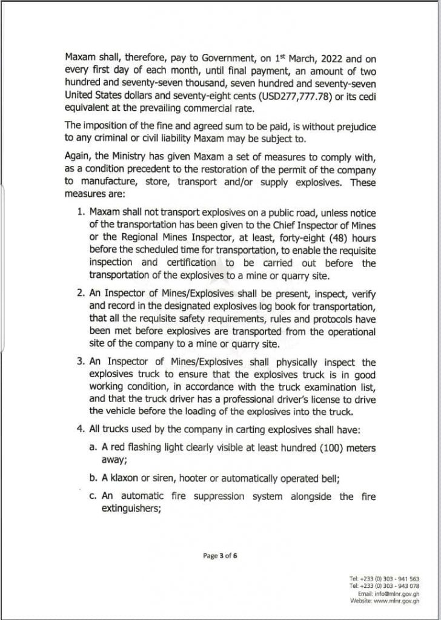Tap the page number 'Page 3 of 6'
pos(220,555)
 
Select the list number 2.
pos(81,292)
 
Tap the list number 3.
pos(81,362)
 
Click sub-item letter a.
pos(92,447)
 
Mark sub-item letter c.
pos(92,496)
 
